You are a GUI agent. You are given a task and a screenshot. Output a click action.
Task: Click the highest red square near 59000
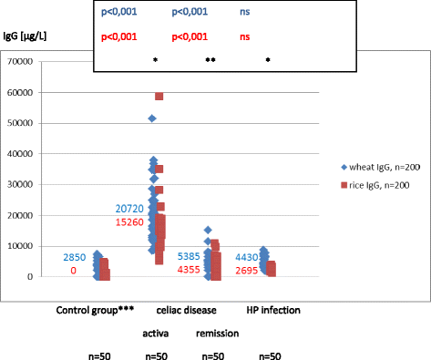pyautogui.click(x=159, y=97)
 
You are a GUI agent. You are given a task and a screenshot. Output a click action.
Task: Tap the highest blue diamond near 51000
pyautogui.click(x=152, y=118)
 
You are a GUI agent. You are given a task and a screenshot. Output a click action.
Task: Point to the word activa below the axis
pyautogui.click(x=157, y=333)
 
